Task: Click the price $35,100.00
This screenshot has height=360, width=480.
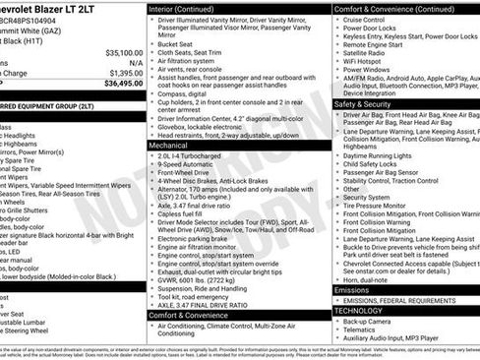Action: click(124, 52)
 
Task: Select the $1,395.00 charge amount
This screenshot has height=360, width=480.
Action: click(124, 72)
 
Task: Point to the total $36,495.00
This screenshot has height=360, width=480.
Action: click(124, 84)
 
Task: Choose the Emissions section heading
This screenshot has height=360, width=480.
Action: click(353, 291)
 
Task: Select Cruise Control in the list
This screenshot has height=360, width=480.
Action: click(365, 19)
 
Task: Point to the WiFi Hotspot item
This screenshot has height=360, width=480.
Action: click(363, 60)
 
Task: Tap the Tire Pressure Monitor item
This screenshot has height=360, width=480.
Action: click(379, 205)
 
